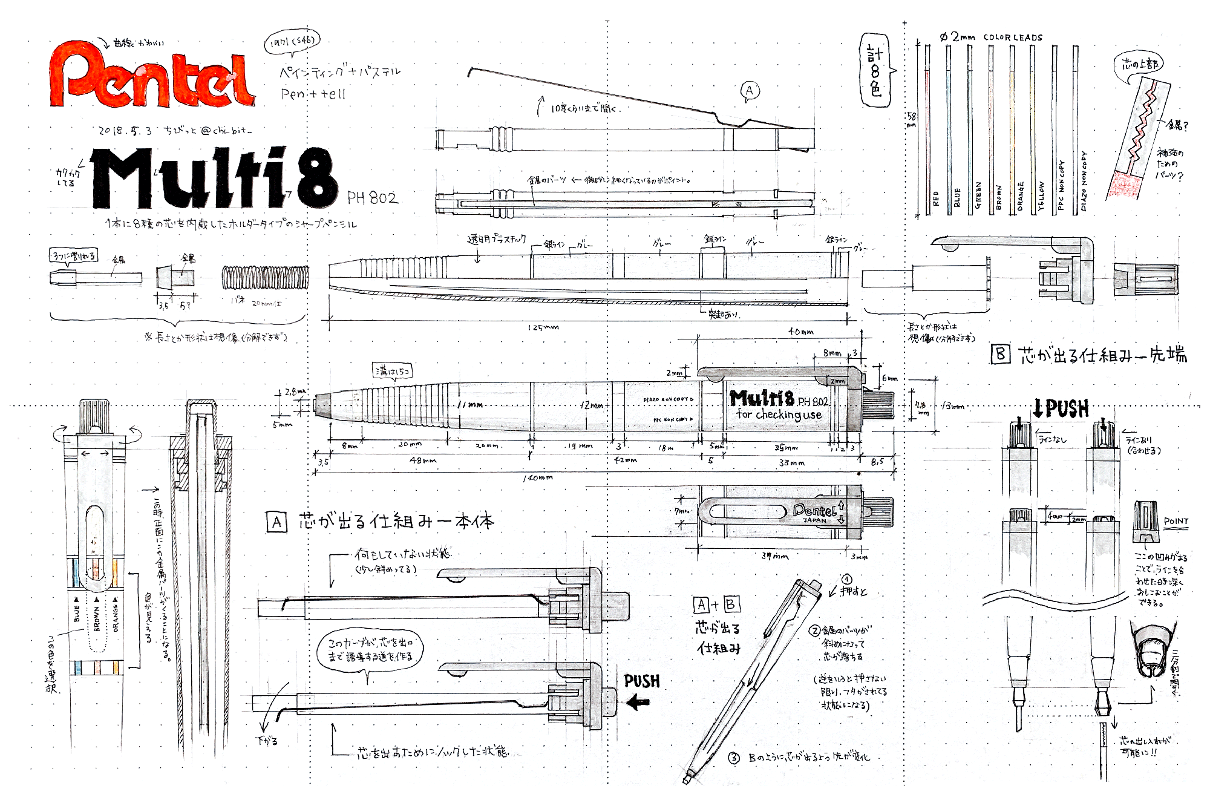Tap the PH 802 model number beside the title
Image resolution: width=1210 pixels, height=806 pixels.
coord(373,198)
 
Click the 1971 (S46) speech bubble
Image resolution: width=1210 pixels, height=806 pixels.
coord(291,42)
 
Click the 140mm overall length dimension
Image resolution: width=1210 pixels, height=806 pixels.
coord(538,478)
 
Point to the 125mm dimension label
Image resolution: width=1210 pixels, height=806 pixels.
coord(543,327)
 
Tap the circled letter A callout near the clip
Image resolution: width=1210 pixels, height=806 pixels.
coord(750,91)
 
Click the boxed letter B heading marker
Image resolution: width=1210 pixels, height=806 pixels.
coord(1000,354)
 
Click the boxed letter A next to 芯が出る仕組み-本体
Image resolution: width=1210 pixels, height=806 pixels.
coord(276,522)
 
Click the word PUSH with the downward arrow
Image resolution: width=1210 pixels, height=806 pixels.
coord(1061,409)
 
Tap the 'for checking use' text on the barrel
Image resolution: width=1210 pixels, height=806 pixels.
coord(779,414)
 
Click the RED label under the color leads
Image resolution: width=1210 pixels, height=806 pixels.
coord(935,199)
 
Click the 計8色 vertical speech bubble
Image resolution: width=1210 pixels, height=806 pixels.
coord(875,71)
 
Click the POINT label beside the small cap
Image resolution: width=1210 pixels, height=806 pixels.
coord(1176,521)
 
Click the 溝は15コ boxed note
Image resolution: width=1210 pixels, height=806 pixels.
coord(393,370)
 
